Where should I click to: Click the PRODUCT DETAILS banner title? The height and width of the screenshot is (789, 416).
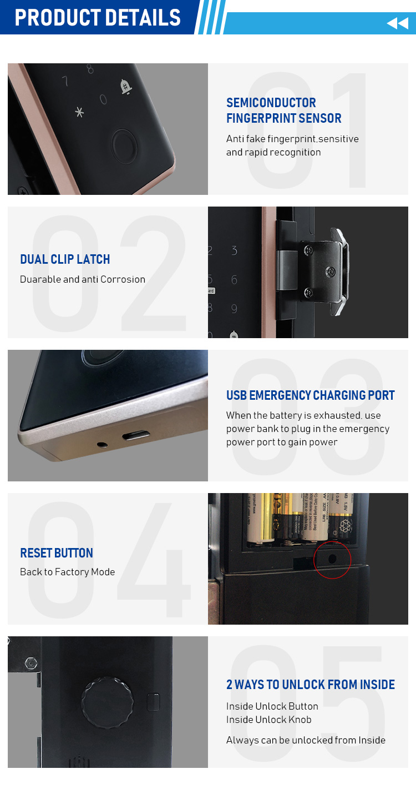(98, 17)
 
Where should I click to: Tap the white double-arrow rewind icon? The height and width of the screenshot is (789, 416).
(397, 23)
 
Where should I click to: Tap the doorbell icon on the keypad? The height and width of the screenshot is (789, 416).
(126, 86)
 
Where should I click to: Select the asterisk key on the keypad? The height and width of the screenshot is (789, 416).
(80, 112)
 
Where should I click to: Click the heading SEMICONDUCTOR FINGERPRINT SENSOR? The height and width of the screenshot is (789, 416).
(283, 110)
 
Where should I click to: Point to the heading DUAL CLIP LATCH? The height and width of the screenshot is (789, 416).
(65, 259)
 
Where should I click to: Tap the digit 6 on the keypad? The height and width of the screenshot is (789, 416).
(234, 279)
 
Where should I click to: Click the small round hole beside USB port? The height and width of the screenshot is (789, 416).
(102, 445)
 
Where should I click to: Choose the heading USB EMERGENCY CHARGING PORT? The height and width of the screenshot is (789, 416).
(310, 395)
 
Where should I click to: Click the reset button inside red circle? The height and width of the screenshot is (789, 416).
(332, 558)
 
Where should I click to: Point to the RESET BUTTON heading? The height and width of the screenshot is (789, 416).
(57, 553)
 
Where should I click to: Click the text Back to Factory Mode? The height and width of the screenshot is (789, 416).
(67, 572)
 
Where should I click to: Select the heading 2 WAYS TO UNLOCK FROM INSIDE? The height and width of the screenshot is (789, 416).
(311, 685)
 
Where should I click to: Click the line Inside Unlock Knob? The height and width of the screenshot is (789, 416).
(268, 720)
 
